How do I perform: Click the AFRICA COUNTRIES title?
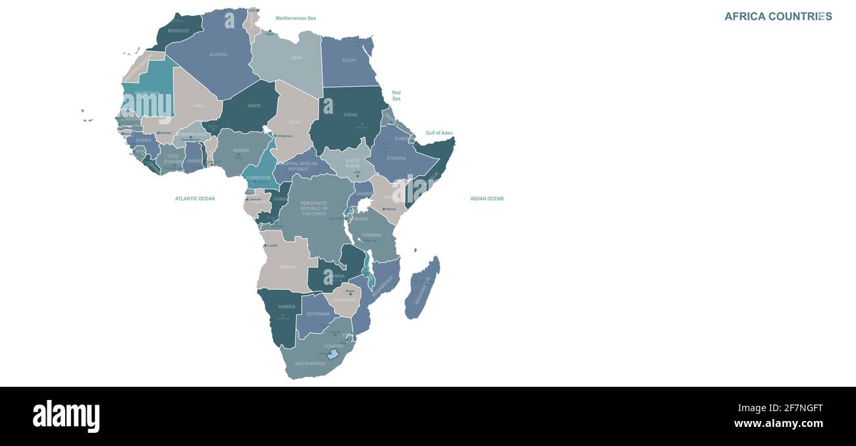(x=778, y=16)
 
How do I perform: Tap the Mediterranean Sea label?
(x=296, y=18)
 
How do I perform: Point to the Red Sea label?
(x=396, y=96)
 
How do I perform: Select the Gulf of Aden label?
(x=439, y=134)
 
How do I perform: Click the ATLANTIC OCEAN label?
(x=195, y=199)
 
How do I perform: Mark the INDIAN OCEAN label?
(x=487, y=199)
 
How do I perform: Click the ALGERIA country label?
(x=218, y=55)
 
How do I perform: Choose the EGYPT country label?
(x=349, y=61)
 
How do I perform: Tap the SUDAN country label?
(x=350, y=115)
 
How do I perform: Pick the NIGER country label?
(x=254, y=106)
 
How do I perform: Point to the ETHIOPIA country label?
(x=396, y=159)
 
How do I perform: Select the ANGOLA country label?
(x=288, y=267)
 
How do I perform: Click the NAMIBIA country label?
(x=286, y=307)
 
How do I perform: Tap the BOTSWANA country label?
(x=319, y=314)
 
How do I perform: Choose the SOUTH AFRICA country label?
(x=309, y=364)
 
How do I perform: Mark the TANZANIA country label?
(x=371, y=235)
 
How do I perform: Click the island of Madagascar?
(x=422, y=289)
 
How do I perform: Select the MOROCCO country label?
(x=178, y=31)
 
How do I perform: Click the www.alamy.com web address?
(x=778, y=424)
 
